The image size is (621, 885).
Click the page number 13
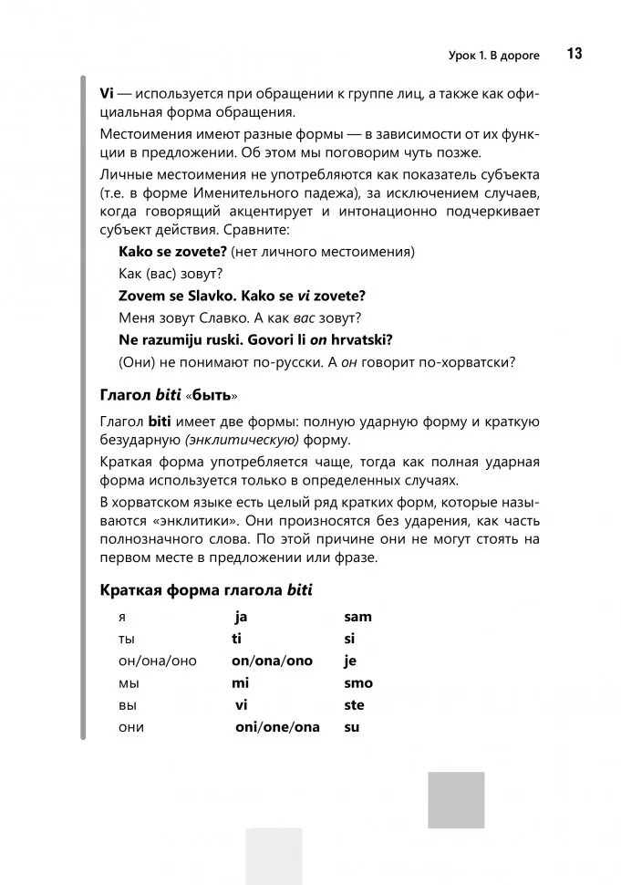click(574, 54)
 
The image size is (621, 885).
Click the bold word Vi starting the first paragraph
click(107, 94)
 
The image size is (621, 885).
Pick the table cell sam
click(357, 617)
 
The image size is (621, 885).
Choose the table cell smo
click(358, 682)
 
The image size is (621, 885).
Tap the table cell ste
click(354, 705)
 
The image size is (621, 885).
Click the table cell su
click(351, 727)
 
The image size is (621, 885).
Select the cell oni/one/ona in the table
click(277, 727)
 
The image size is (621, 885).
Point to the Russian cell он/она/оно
click(158, 661)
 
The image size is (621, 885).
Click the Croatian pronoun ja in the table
click(241, 617)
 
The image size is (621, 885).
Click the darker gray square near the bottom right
click(456, 799)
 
